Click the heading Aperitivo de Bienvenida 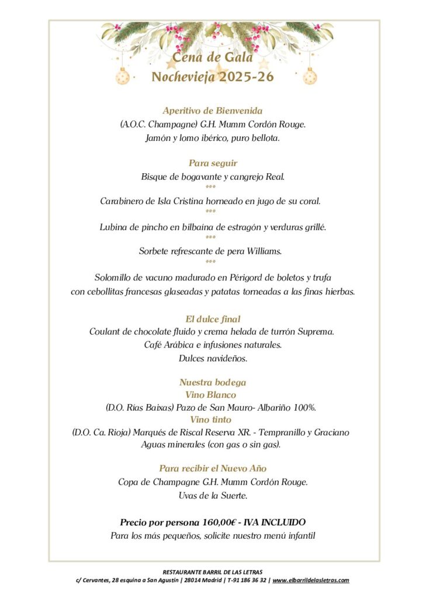click(213, 111)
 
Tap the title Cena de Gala click(213, 57)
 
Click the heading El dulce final click(213, 319)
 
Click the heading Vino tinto click(210, 419)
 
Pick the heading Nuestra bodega click(213, 383)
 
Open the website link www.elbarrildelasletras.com click(311, 580)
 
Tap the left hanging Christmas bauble click(123, 76)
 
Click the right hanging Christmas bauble click(310, 76)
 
